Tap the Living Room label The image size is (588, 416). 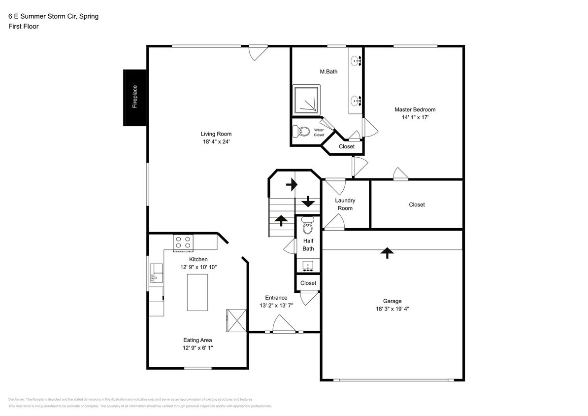coord(216,134)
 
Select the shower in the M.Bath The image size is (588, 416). coord(306,100)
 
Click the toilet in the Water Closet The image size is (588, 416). coord(301,132)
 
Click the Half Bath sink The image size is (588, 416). coord(308,266)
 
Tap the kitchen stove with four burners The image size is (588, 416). coord(183,242)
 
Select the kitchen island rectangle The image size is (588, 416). coord(197,292)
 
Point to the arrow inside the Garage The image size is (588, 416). coord(388,253)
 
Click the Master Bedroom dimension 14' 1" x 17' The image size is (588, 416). coord(415,118)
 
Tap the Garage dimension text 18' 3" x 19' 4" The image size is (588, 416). coord(392,309)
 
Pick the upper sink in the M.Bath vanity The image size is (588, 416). coord(356,61)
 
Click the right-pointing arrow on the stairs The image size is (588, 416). coord(292,185)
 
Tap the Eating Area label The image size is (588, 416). coord(198,340)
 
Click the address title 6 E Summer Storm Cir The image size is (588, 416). coord(53,16)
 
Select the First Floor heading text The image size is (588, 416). coord(24,27)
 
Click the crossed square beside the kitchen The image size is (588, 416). coord(235,321)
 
